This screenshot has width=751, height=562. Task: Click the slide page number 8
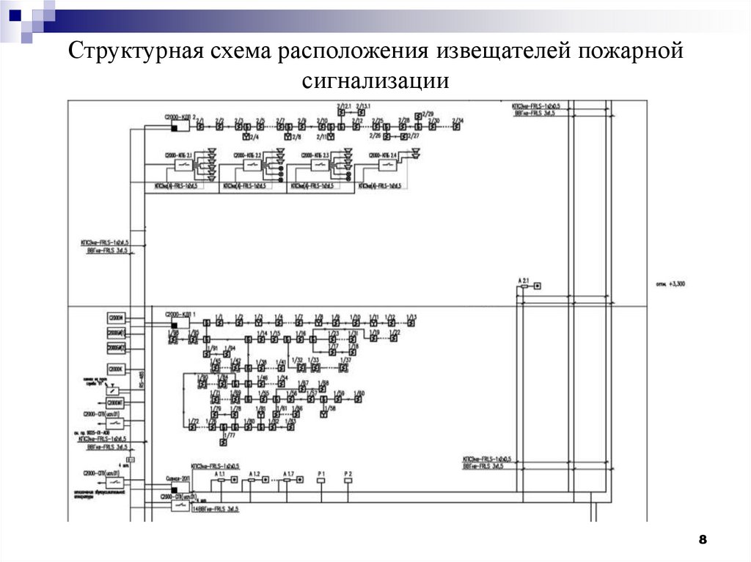702,540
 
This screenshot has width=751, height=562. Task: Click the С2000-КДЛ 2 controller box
180,125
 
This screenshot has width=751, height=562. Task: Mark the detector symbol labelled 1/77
224,443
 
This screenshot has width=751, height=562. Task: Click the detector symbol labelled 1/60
359,400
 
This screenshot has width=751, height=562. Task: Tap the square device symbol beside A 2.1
536,286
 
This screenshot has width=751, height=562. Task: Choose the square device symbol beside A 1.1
234,481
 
